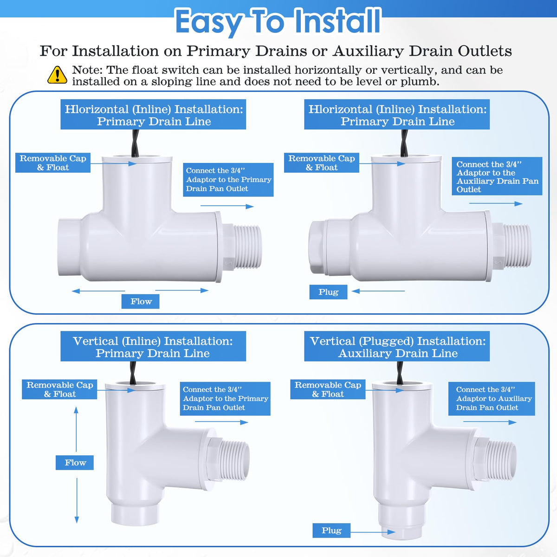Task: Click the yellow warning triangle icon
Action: [57, 75]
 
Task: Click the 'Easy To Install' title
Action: [278, 22]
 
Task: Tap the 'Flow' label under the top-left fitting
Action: [141, 302]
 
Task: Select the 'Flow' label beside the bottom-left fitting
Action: [75, 462]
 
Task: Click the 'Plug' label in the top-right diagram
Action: [328, 292]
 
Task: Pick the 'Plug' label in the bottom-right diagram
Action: [331, 531]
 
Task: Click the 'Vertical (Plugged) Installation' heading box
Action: [397, 346]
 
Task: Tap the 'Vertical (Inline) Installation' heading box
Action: [153, 346]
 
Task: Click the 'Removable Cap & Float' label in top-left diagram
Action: [53, 163]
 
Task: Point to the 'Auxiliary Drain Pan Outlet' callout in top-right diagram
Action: [497, 176]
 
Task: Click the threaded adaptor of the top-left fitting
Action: [242, 247]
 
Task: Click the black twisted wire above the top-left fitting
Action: [135, 143]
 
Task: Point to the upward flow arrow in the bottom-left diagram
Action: [76, 429]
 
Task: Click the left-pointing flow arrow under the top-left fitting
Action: [98, 291]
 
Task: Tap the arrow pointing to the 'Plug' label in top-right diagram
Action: [378, 291]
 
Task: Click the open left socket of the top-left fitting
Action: [69, 247]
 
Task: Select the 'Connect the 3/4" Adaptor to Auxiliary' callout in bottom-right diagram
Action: [492, 399]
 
